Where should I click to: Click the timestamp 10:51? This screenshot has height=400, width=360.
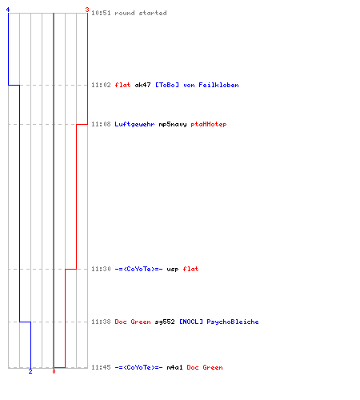pyautogui.click(x=101, y=13)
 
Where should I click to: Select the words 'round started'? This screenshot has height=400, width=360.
pyautogui.click(x=141, y=13)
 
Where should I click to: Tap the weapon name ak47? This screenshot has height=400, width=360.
pyautogui.click(x=142, y=85)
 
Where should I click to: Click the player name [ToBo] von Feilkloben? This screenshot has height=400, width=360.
pyautogui.click(x=197, y=85)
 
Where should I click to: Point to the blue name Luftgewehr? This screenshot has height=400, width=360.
pyautogui.click(x=134, y=124)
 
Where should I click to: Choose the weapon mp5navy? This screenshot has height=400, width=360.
pyautogui.click(x=173, y=124)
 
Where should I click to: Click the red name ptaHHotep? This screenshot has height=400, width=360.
pyautogui.click(x=209, y=124)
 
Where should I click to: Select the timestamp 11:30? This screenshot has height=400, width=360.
pyautogui.click(x=101, y=269)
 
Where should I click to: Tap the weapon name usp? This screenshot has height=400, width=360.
pyautogui.click(x=173, y=270)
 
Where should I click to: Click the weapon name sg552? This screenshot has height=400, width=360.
pyautogui.click(x=165, y=322)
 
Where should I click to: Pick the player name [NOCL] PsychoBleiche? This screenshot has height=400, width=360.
pyautogui.click(x=219, y=322)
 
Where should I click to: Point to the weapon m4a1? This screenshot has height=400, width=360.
pyautogui.click(x=174, y=367)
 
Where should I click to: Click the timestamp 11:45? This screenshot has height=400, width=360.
pyautogui.click(x=101, y=367)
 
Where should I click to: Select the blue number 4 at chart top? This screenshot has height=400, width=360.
pyautogui.click(x=8, y=10)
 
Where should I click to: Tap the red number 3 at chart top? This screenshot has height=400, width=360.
pyautogui.click(x=87, y=10)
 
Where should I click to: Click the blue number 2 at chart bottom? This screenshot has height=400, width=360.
pyautogui.click(x=30, y=371)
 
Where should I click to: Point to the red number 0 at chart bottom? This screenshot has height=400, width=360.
pyautogui.click(x=54, y=371)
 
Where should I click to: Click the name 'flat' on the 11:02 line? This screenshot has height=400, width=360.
pyautogui.click(x=122, y=85)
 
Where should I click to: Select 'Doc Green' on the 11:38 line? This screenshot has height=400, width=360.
pyautogui.click(x=133, y=322)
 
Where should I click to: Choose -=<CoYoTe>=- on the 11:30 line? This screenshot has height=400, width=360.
pyautogui.click(x=138, y=269)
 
